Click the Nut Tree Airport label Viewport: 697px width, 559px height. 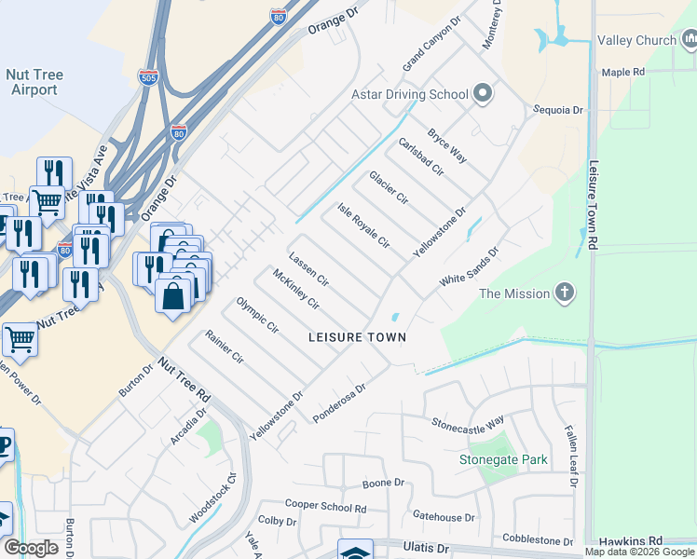pos(32,81)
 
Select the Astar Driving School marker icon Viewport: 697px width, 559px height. pos(482,93)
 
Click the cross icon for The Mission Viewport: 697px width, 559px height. pos(564,293)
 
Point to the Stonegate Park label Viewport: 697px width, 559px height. pos(503,459)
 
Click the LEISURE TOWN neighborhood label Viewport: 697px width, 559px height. pos(358,336)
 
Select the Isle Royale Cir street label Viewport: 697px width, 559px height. pos(362,225)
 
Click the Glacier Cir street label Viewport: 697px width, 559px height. pos(389,186)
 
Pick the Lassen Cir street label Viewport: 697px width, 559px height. pos(308,268)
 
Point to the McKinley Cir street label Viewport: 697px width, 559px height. pos(296,289)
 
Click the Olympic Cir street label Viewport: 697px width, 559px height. pos(257,315)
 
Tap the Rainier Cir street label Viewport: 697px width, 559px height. pos(225,346)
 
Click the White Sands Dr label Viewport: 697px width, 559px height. pos(470,266)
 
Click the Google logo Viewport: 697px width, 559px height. pos(31,547)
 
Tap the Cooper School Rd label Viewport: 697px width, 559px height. pos(325,507)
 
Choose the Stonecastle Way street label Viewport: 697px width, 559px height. pos(467,421)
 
